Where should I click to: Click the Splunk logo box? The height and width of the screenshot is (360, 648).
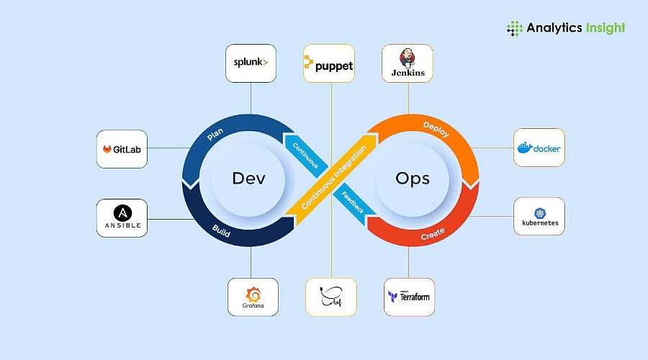tap(251, 63)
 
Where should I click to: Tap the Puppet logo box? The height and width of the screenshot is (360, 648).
tap(328, 66)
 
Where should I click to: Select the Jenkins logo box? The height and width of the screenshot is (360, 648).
tap(407, 63)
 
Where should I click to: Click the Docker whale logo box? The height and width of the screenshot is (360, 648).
tap(539, 148)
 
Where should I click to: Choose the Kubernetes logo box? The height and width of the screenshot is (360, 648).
tap(539, 217)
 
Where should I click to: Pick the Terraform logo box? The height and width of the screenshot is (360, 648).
tap(408, 297)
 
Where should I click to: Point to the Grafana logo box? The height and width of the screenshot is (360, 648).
tap(253, 297)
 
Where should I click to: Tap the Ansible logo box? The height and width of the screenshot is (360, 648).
tap(122, 218)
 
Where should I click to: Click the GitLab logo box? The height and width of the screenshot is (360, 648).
tap(122, 149)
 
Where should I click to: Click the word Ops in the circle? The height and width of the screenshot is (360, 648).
tap(413, 179)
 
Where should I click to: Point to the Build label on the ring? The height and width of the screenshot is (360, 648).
tap(220, 228)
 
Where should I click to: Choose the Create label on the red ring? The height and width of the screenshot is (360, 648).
tap(433, 233)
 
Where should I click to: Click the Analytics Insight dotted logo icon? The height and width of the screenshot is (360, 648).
tap(515, 28)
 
